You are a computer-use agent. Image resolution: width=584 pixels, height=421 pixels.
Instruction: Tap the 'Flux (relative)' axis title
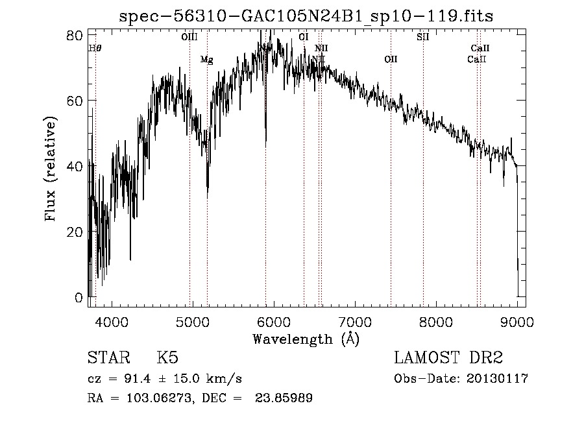click(51, 169)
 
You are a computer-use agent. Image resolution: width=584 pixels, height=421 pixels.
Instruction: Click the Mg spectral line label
click(206, 60)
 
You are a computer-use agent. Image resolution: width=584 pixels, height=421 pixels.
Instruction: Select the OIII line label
click(189, 38)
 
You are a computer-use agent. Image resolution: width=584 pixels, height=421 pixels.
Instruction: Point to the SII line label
click(423, 37)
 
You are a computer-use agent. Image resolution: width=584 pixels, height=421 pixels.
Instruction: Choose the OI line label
click(304, 37)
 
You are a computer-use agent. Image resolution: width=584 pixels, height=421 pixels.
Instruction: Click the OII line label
click(391, 60)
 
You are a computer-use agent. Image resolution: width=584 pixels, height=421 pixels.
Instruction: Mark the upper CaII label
click(480, 48)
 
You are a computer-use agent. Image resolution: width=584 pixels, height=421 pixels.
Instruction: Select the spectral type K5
click(167, 358)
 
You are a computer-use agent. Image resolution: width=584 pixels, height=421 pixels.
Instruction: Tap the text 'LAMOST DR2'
click(448, 358)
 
